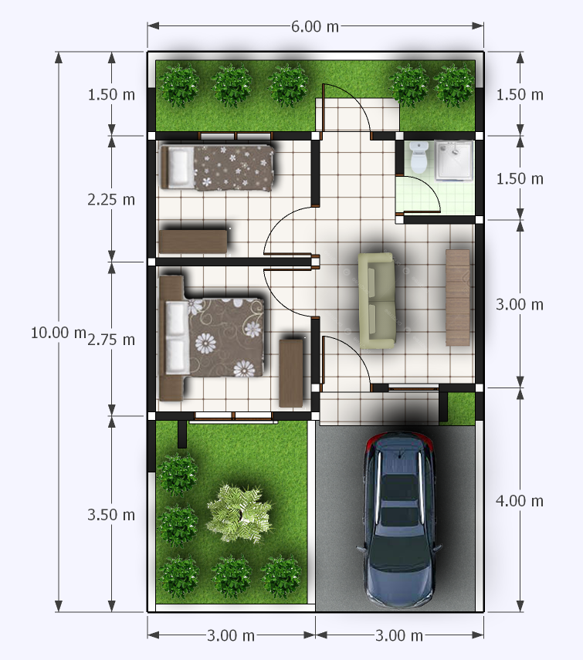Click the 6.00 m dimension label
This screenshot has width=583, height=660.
[315, 26]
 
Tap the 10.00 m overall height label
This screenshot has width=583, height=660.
[59, 333]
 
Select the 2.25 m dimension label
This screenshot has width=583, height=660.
[111, 199]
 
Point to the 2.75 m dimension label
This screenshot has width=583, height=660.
[111, 340]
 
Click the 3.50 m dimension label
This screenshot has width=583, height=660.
[111, 515]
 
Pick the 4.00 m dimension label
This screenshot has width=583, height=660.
[520, 501]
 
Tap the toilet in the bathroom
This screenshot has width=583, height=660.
[419, 157]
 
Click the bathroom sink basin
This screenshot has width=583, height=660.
[454, 161]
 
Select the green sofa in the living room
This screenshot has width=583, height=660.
[377, 300]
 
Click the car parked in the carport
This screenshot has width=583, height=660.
[399, 520]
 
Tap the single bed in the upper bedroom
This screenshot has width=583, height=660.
[217, 167]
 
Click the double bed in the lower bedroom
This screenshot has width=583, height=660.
[212, 337]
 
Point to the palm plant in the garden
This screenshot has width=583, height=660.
[239, 513]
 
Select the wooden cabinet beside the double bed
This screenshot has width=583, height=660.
[291, 374]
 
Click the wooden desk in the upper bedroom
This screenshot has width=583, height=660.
[193, 242]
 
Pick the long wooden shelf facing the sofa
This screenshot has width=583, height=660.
[458, 298]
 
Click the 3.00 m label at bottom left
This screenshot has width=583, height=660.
[231, 635]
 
